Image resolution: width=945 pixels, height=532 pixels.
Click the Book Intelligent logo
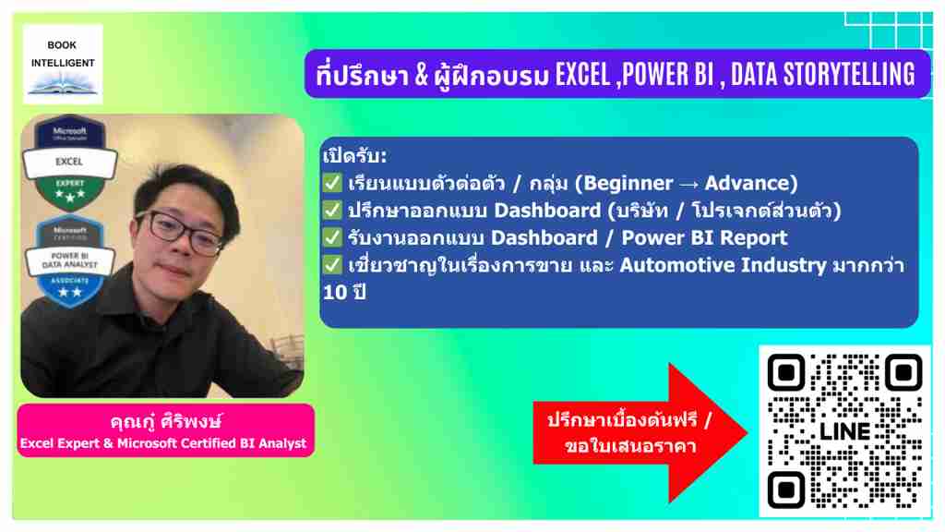coord(63,65)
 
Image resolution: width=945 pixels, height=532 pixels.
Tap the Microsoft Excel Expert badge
coord(70,162)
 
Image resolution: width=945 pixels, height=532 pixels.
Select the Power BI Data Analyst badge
coord(70,261)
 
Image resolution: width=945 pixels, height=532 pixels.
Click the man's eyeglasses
coord(180,230)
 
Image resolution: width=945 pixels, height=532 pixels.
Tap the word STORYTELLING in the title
coord(849,75)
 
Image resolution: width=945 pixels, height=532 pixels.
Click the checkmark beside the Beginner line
coord(332,182)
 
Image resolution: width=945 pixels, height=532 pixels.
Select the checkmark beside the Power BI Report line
coord(332,237)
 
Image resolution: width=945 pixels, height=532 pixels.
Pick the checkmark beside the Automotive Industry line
coord(332,264)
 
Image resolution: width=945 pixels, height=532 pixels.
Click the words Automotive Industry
coord(723,265)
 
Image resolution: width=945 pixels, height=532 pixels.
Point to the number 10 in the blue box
coord(335,293)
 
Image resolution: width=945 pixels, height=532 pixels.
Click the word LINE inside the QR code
coord(845,432)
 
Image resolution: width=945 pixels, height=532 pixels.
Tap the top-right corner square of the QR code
coord(904,373)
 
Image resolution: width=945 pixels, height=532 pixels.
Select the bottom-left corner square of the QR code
coord(786,490)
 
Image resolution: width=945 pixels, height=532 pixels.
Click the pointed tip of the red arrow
coord(748,432)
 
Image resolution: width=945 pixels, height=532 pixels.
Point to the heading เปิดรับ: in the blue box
coord(354,155)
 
